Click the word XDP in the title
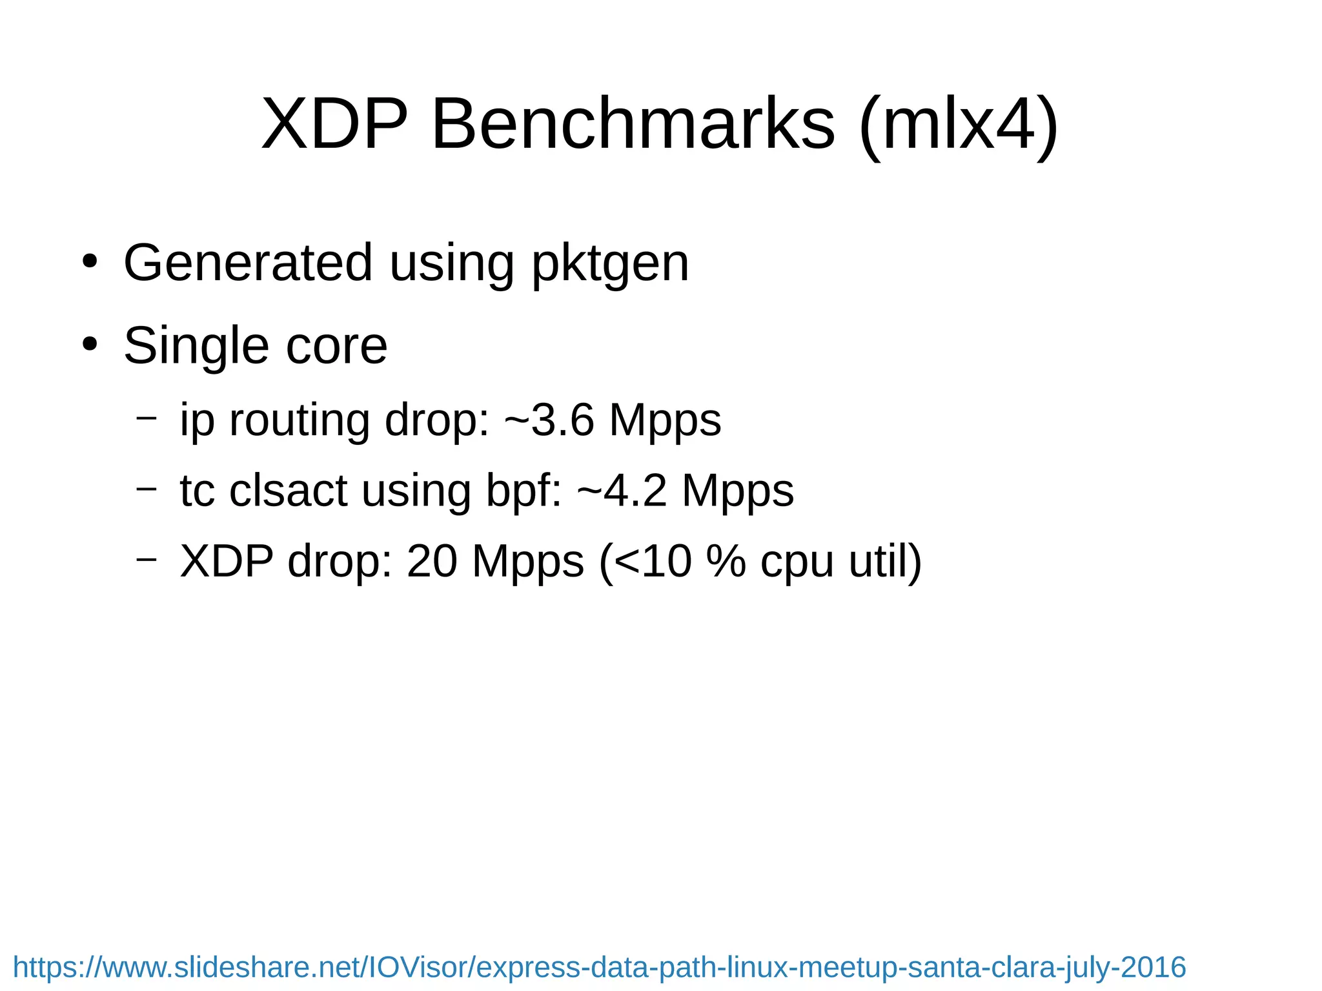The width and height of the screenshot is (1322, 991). point(334,123)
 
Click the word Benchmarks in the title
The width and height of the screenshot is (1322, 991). point(633,123)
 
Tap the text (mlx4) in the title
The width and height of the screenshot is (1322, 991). point(959,123)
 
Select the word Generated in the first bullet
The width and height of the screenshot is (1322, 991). point(248,263)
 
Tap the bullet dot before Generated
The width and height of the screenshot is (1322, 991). point(90,262)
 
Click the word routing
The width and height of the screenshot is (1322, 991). point(299,421)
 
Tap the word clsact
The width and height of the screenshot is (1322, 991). point(289,491)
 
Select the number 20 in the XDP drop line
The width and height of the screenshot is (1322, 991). point(432,560)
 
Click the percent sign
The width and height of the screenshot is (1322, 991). point(726,560)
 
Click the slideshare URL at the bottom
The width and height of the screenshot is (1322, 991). point(599,967)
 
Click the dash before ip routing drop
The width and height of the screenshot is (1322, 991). point(147,418)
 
